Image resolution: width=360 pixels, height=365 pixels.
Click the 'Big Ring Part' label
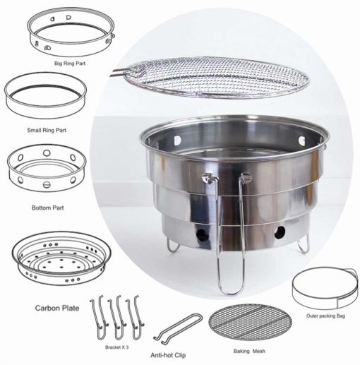pos(70,64)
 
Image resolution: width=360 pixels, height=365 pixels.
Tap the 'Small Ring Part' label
pos(47,130)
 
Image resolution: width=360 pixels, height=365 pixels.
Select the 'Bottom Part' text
pos(48,208)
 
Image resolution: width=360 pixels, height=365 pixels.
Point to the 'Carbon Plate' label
pos(57,308)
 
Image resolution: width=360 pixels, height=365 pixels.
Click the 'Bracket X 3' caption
pos(116,347)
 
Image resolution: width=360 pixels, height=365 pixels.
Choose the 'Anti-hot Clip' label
pos(168,355)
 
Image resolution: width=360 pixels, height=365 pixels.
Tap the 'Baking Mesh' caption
pos(249,351)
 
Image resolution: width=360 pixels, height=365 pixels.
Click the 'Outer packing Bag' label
pos(325,316)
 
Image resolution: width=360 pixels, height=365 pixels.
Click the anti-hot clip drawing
pos(178,327)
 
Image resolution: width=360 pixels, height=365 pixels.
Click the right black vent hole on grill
pos(280,232)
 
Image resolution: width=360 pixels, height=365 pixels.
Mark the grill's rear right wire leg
pos(304,245)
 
